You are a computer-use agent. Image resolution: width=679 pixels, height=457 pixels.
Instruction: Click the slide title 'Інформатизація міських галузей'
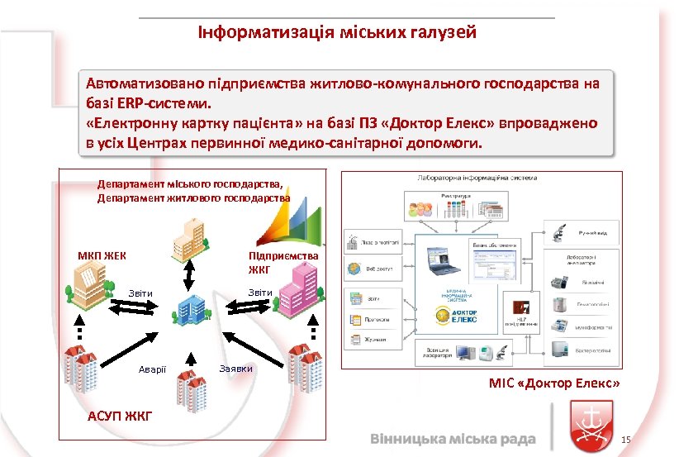point(336,33)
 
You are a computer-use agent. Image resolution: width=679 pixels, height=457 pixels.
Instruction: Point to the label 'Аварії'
point(153,368)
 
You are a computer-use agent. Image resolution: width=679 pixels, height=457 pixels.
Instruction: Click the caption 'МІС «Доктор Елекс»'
point(554,384)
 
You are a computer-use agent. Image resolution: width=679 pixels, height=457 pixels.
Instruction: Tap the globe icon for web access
point(354,269)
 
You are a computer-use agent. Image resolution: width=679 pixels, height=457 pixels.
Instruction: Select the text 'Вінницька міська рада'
point(453,438)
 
